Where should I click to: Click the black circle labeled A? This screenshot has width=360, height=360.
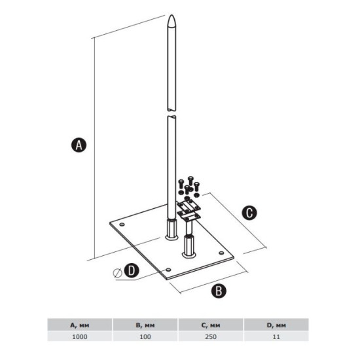pyautogui.click(x=79, y=145)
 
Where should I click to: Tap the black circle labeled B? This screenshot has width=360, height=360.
pyautogui.click(x=219, y=291)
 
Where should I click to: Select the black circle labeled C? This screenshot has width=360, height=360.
pyautogui.click(x=249, y=213)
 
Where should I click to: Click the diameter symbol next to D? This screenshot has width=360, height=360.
pyautogui.click(x=118, y=273)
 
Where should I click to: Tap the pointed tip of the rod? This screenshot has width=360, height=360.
pyautogui.click(x=171, y=15)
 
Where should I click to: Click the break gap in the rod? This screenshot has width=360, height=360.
pyautogui.click(x=171, y=113)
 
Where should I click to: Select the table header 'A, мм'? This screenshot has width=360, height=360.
pyautogui.click(x=80, y=325)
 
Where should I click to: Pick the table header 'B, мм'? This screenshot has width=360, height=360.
pyautogui.click(x=145, y=325)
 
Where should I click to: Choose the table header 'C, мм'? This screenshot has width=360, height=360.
pyautogui.click(x=211, y=325)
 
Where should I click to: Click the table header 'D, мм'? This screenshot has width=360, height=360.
pyautogui.click(x=276, y=325)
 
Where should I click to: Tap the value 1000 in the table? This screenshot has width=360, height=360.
pyautogui.click(x=80, y=337)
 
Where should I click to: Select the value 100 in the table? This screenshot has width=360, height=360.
pyautogui.click(x=145, y=337)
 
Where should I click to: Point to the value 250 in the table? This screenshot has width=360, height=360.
pyautogui.click(x=211, y=337)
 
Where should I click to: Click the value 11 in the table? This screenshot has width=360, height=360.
pyautogui.click(x=276, y=337)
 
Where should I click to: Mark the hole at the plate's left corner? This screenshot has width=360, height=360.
pyautogui.click(x=122, y=225)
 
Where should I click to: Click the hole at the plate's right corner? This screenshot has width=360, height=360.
pyautogui.click(x=221, y=253)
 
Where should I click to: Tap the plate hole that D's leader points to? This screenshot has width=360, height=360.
pyautogui.click(x=168, y=269)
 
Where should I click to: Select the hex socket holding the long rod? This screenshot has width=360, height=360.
pyautogui.click(x=171, y=229)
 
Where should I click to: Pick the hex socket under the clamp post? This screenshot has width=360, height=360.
pyautogui.click(x=189, y=247)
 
